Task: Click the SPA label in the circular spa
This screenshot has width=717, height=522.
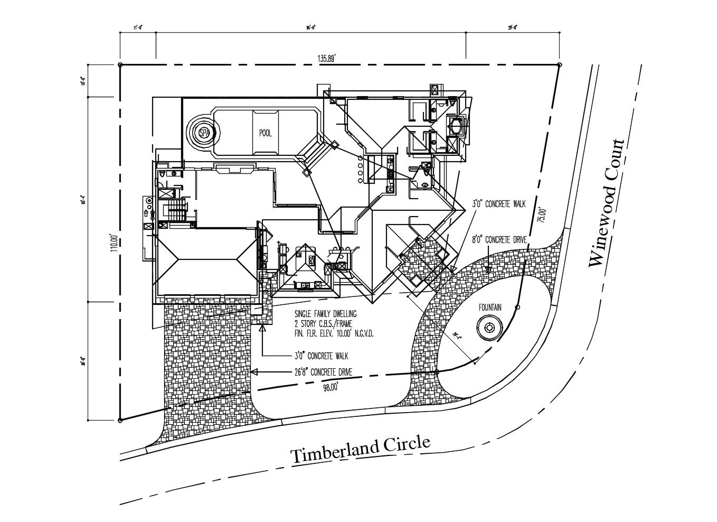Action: pyautogui.click(x=204, y=133)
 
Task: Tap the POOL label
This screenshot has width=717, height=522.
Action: pyautogui.click(x=266, y=133)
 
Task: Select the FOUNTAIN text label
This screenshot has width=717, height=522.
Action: pyautogui.click(x=490, y=307)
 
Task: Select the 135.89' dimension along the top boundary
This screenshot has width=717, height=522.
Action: pyautogui.click(x=327, y=59)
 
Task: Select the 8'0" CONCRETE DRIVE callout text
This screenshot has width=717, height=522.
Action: pyautogui.click(x=499, y=240)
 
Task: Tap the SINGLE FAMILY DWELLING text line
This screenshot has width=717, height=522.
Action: pyautogui.click(x=326, y=313)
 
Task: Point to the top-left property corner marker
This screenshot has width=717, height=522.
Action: pyautogui.click(x=120, y=64)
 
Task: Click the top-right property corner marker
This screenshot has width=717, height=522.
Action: pyautogui.click(x=559, y=64)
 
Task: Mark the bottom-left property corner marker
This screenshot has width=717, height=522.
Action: pyautogui.click(x=120, y=420)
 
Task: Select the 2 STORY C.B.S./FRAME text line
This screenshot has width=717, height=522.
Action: pyautogui.click(x=323, y=323)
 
